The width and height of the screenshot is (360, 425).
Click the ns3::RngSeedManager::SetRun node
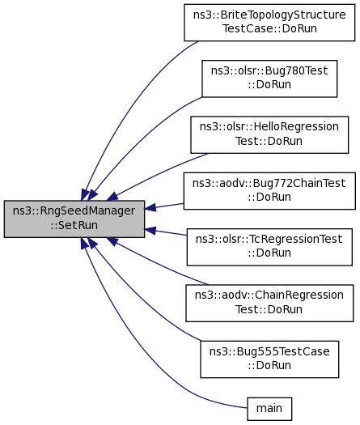[74, 219]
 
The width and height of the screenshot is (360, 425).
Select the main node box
[269, 409]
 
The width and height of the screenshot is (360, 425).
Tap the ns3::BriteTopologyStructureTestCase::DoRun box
[269, 23]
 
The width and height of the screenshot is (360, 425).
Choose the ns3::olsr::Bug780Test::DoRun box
[269, 79]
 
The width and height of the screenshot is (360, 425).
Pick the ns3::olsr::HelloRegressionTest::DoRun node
[269, 135]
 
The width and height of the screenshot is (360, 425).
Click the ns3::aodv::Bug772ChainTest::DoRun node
[269, 191]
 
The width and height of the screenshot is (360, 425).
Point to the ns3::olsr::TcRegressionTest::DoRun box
[269, 247]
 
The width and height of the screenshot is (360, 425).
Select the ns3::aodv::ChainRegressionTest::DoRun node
[269, 303]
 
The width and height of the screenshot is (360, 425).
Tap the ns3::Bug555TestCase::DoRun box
[269, 359]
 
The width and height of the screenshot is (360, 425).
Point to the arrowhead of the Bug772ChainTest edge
[150, 207]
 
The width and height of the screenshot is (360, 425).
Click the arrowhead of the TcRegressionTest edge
[150, 231]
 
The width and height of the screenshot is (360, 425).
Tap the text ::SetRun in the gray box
[74, 225]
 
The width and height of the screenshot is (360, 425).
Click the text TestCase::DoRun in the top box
[269, 28]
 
